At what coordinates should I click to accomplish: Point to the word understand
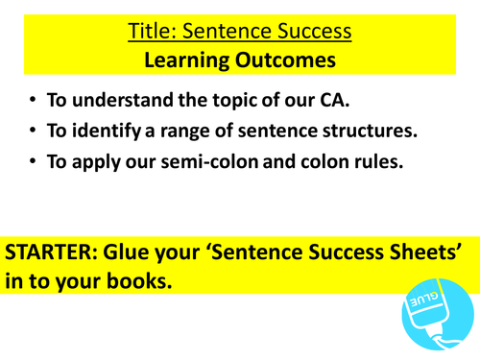click(x=136, y=102)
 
